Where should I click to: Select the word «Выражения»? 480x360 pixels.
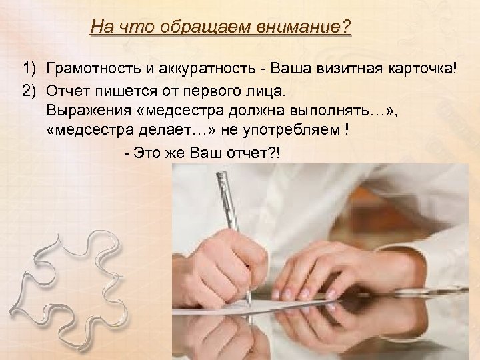pos(81,109)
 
